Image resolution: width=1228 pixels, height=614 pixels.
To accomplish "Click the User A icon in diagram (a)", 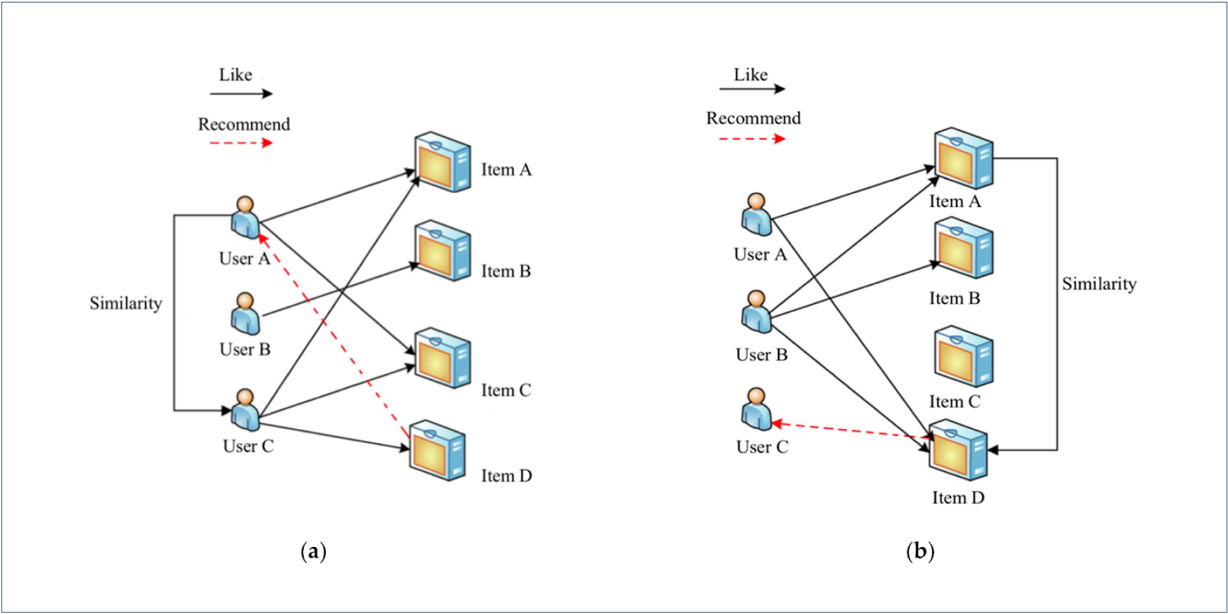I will pos(245,217).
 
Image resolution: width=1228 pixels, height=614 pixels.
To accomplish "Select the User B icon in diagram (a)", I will pos(245,313).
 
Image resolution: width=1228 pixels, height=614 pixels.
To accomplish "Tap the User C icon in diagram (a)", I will pos(245,410).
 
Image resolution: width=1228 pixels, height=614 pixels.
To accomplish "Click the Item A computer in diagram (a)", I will pos(442,162).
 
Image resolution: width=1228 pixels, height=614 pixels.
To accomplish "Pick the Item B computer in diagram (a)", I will pos(442,251).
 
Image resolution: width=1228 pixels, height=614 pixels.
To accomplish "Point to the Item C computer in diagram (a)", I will pos(442,358).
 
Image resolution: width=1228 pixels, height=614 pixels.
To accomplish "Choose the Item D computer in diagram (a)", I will pos(437,450).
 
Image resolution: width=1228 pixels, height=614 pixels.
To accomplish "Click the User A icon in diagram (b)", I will pos(756,215).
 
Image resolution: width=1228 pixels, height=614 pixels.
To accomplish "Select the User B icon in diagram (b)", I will pos(756,312).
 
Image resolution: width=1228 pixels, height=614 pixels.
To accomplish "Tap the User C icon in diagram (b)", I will pos(756,409).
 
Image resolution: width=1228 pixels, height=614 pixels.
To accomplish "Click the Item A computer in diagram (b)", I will pos(963,158).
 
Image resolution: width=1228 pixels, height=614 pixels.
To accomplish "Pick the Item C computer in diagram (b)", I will pos(963,357).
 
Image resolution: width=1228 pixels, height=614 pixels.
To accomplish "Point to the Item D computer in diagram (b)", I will pos(958,450).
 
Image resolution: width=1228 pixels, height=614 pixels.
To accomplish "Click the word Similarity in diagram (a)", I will pos(126,303).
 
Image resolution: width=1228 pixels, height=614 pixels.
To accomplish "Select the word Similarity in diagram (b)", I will pos(1099,284).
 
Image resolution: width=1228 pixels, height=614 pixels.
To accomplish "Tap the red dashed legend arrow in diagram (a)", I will pos(241,143).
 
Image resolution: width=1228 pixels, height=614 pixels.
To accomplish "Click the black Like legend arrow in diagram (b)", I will pos(752,89).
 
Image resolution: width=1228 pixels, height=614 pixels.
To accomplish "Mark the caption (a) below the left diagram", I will pos(313,551).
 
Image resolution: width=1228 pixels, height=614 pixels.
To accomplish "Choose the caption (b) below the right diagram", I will pos(920,551).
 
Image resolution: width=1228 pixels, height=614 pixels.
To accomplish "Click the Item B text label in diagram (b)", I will pos(954,298).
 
